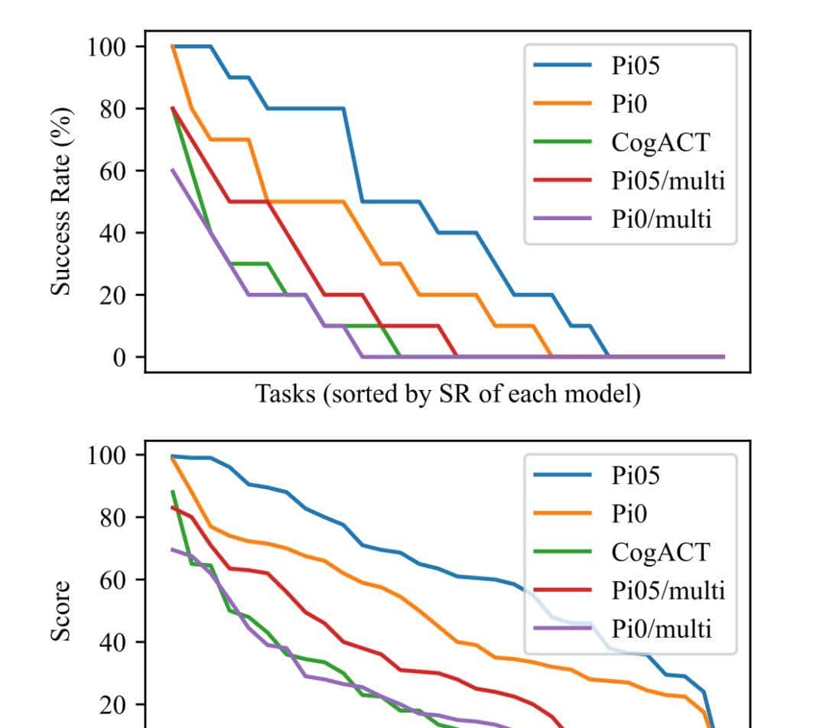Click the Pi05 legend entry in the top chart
tap(635, 65)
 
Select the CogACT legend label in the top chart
tap(660, 141)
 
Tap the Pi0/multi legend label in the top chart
tap(662, 219)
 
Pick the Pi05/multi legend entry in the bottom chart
tap(668, 590)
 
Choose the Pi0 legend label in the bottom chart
tap(629, 513)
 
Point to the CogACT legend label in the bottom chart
tap(660, 551)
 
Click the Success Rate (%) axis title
tap(62, 201)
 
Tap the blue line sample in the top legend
tap(562, 66)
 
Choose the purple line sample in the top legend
tap(562, 219)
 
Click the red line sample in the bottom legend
tap(562, 590)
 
